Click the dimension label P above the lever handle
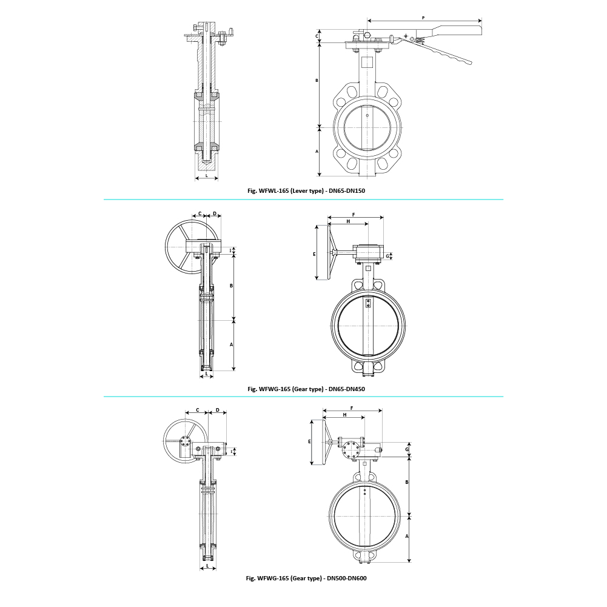click(423, 18)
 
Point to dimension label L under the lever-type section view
click(206, 176)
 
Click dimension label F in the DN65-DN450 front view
click(354, 215)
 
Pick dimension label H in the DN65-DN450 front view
click(348, 221)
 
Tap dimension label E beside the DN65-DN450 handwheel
click(314, 254)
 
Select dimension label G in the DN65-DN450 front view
click(387, 257)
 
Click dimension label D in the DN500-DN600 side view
click(218, 411)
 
